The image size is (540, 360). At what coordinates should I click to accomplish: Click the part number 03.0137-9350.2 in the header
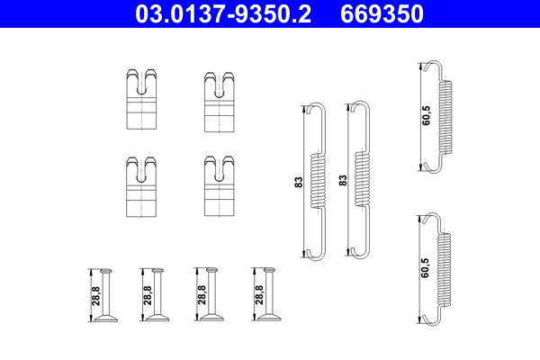click(223, 13)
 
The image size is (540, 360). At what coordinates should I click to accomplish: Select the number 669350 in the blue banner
click(382, 13)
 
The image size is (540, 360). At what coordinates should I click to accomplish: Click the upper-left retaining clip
click(141, 99)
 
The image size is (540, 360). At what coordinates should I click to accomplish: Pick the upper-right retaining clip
click(220, 102)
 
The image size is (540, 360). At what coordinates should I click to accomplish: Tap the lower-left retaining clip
click(141, 186)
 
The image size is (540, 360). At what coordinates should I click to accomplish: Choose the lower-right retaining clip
click(220, 186)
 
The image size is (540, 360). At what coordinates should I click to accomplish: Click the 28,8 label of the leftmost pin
click(96, 295)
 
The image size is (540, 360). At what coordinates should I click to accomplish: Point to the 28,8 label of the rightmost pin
click(259, 294)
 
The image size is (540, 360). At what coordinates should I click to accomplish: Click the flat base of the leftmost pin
click(106, 319)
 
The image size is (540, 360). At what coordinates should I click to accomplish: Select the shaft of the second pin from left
click(157, 293)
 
